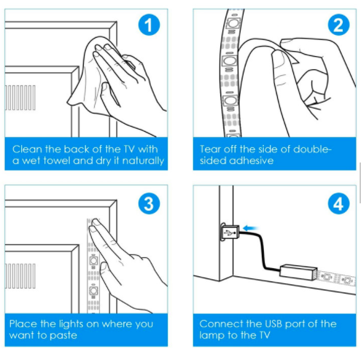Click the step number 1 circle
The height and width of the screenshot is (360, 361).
[149, 25]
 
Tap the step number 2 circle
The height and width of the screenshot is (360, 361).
[338, 25]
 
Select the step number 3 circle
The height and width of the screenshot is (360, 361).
[149, 203]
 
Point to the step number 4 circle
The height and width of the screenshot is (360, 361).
[338, 203]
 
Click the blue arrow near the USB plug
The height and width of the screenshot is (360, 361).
[250, 228]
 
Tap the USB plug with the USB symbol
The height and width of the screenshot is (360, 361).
[230, 232]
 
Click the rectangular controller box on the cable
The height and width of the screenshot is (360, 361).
[298, 272]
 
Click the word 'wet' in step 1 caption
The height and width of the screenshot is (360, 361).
[31, 161]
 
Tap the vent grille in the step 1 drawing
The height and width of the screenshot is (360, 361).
[20, 98]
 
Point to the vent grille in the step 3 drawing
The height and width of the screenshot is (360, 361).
[20, 276]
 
